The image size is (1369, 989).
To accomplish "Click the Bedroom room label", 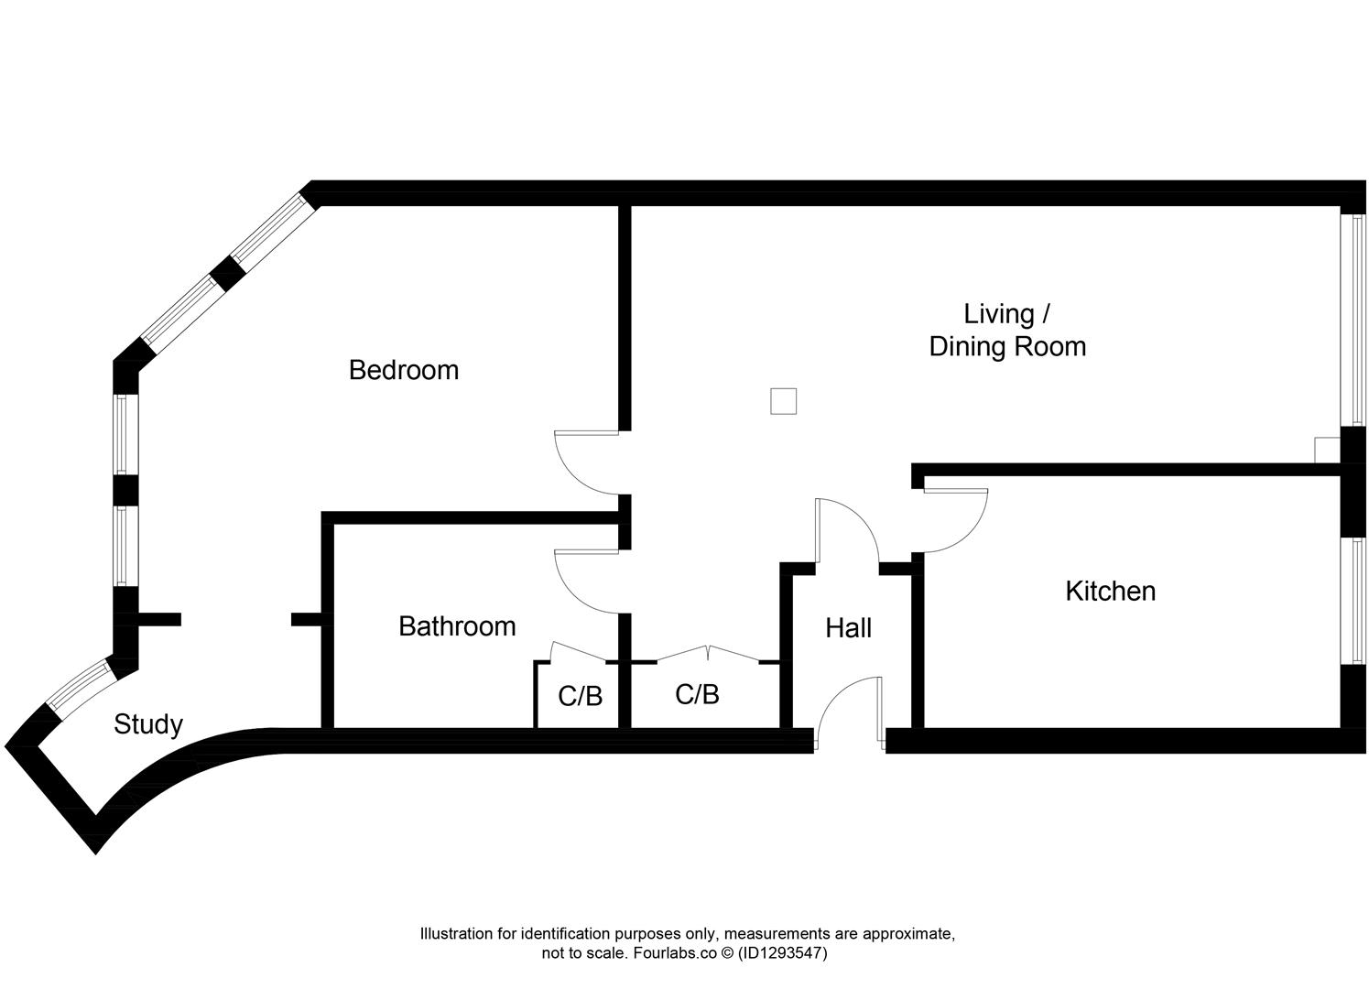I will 404,370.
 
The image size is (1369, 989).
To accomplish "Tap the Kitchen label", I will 1110,591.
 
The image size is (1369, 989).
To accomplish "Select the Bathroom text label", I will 457,626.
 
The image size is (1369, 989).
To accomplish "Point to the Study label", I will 148,724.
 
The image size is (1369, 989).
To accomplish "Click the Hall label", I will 848,628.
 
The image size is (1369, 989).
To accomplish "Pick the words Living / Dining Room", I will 1007,331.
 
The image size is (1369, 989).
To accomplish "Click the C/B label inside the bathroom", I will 581,696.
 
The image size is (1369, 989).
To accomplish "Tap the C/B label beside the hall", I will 697,694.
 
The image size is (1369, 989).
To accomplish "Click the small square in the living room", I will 783,401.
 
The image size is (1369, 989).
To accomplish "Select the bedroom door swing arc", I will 577,467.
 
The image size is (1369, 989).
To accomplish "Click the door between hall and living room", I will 847,527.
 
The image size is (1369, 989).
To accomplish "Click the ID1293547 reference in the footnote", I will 783,953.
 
